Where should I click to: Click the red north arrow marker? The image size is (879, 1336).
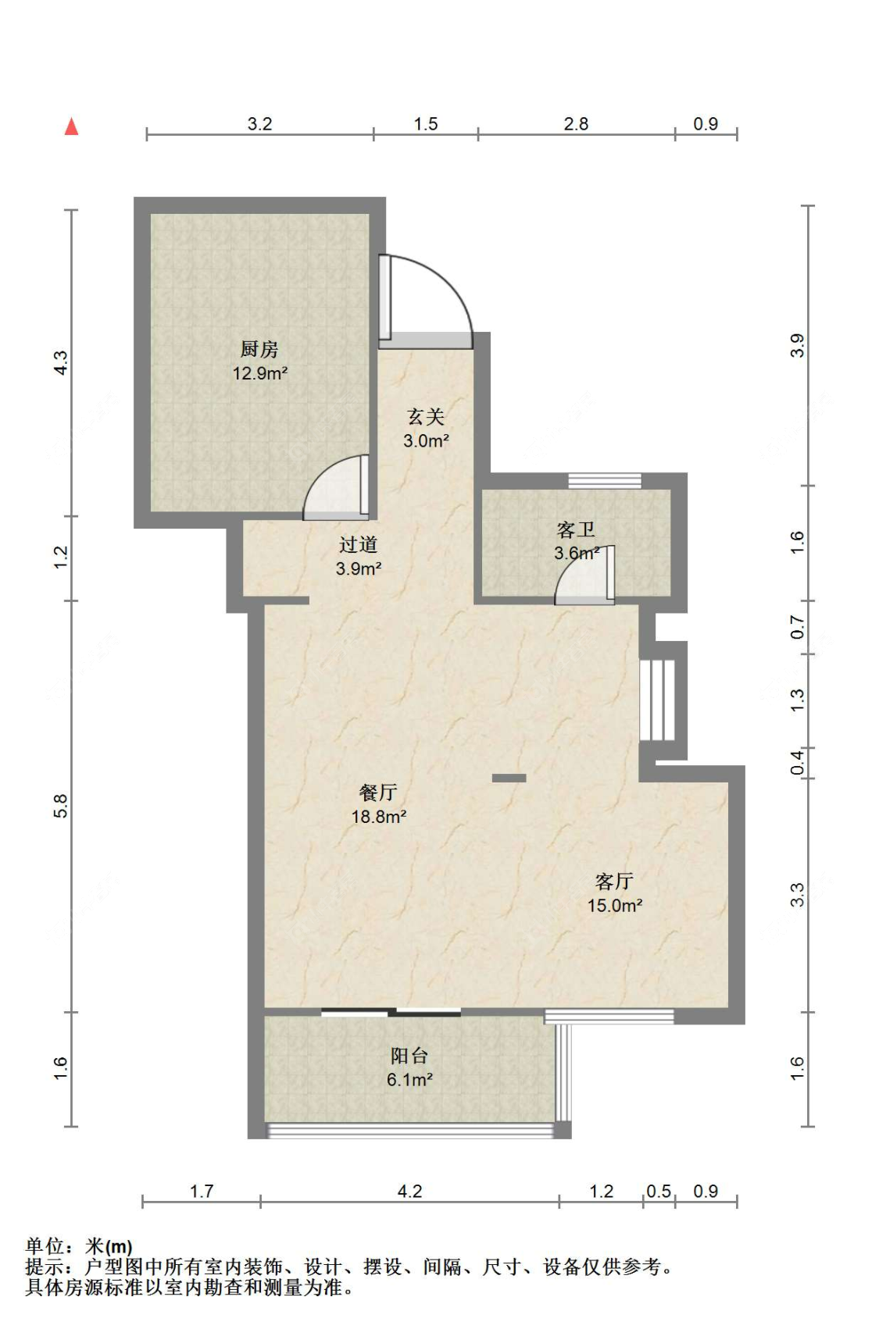point(71,126)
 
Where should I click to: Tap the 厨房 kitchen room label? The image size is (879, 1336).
point(259,349)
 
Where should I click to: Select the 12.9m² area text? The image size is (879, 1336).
point(259,373)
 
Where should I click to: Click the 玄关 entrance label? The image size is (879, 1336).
point(426,417)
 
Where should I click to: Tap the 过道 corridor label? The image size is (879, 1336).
point(359,544)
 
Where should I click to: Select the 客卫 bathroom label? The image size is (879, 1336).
point(576,529)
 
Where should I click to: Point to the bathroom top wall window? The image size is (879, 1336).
point(604,480)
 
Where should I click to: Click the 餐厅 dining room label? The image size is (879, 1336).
point(378,793)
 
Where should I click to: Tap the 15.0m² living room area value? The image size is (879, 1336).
point(615,906)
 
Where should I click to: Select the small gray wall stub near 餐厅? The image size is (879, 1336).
point(509,778)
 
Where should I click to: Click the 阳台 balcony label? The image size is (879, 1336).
point(409,1056)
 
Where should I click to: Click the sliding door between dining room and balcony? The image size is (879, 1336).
point(391,1013)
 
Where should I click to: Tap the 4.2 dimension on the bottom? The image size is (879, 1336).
point(409,1191)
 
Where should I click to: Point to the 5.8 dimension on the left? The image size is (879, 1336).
point(61,806)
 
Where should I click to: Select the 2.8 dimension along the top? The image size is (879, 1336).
point(576,123)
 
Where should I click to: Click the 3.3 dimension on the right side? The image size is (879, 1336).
point(797,894)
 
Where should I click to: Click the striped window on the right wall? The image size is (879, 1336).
point(657,700)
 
